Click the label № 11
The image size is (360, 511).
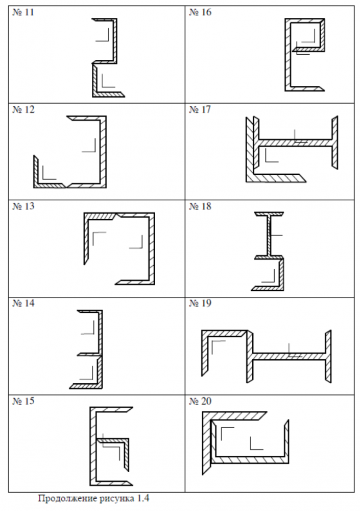pyautogui.click(x=23, y=12)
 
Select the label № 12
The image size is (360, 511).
pyautogui.click(x=23, y=109)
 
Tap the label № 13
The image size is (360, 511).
pyautogui.click(x=23, y=206)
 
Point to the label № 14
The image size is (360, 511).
pyautogui.click(x=23, y=303)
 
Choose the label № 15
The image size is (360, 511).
pyautogui.click(x=23, y=401)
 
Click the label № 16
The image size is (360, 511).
pyautogui.click(x=200, y=12)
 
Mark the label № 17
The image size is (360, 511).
pyautogui.click(x=200, y=109)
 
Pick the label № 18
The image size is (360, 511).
pyautogui.click(x=200, y=206)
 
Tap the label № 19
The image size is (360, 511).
pyautogui.click(x=200, y=303)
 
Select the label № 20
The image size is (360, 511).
pyautogui.click(x=200, y=401)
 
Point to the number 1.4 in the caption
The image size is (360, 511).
pyautogui.click(x=143, y=498)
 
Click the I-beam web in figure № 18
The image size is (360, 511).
pyautogui.click(x=269, y=236)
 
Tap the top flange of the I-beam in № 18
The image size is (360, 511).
pyautogui.click(x=269, y=214)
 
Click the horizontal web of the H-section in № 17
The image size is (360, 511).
pyautogui.click(x=295, y=143)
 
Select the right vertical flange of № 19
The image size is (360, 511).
pyautogui.click(x=328, y=357)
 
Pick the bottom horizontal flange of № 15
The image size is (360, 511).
pyautogui.click(x=111, y=482)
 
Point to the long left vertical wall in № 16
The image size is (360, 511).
pyautogui.click(x=287, y=55)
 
